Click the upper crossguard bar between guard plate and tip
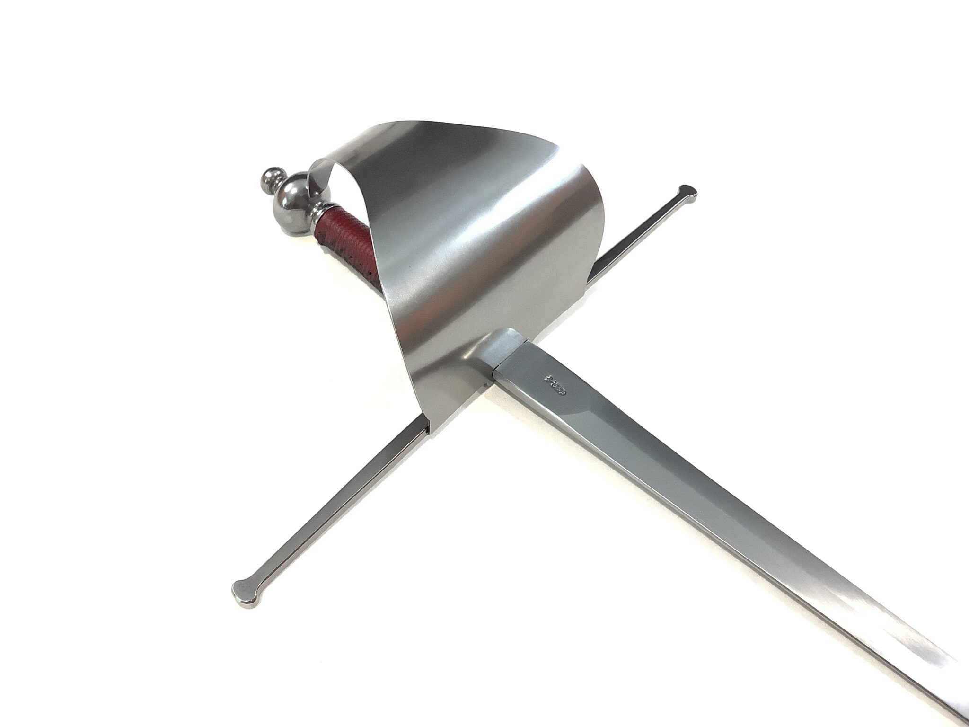[634, 237]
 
